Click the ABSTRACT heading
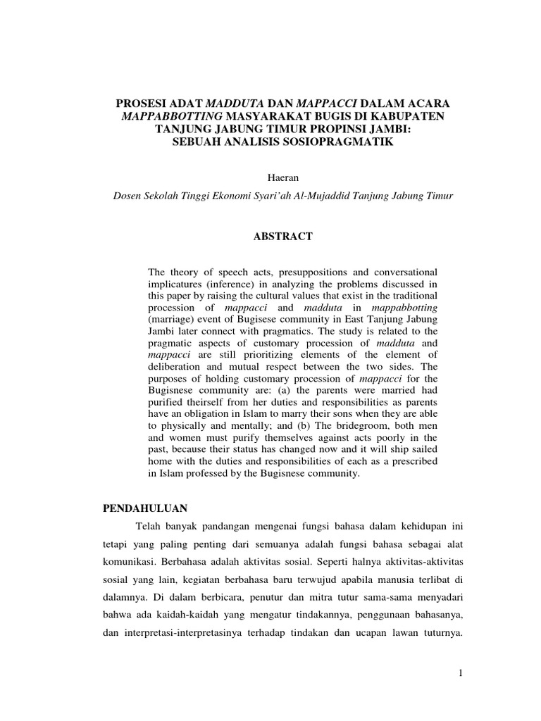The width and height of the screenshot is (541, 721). click(x=282, y=237)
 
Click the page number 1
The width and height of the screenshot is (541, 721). click(x=459, y=673)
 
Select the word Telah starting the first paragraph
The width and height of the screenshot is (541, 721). click(x=149, y=525)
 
